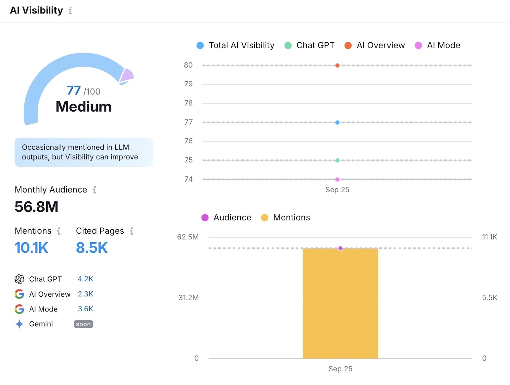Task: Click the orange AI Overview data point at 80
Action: (x=337, y=65)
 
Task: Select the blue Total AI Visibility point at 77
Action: (x=337, y=122)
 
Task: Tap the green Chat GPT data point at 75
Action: (x=337, y=160)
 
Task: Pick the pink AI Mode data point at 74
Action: (x=337, y=179)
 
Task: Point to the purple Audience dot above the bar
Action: (x=340, y=248)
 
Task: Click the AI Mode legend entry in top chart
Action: (x=437, y=45)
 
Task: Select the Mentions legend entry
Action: (x=286, y=218)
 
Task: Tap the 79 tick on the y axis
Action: (x=188, y=84)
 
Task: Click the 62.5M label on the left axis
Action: (x=188, y=237)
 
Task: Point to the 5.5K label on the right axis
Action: (x=489, y=298)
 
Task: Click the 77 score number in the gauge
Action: (x=74, y=91)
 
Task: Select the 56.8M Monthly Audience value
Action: (x=36, y=207)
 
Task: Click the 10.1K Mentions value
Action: (x=31, y=248)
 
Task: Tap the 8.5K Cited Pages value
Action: (x=92, y=248)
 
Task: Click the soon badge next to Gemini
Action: (x=83, y=324)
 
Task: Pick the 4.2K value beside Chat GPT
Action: (x=85, y=279)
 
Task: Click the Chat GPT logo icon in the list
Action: (x=19, y=279)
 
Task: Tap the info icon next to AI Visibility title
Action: (x=70, y=11)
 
